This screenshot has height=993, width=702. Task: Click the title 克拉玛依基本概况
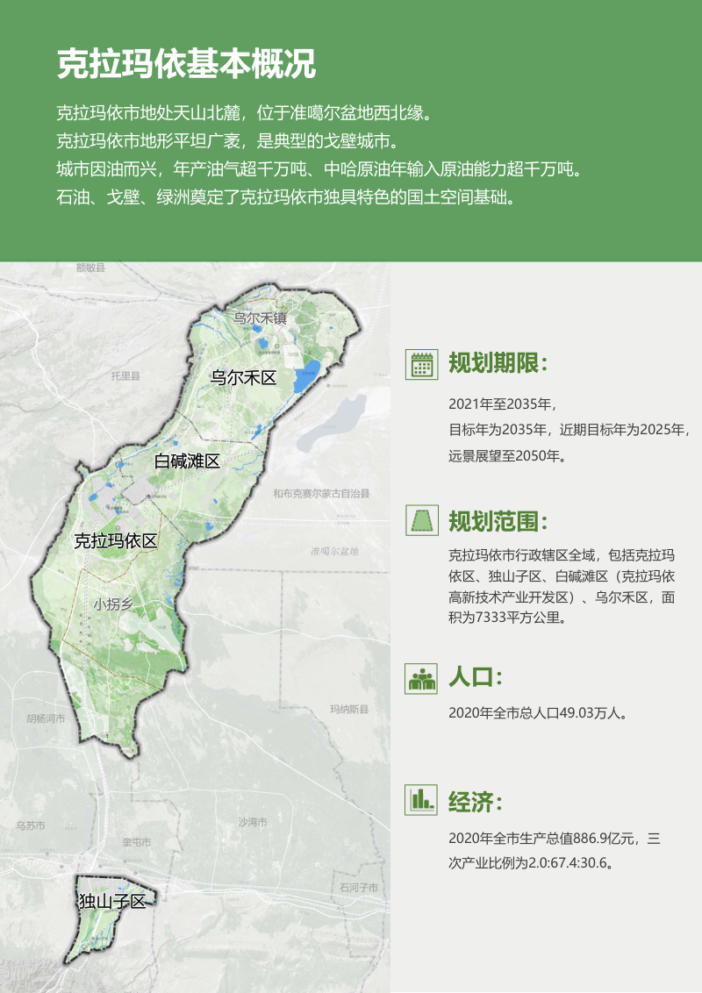coord(186,63)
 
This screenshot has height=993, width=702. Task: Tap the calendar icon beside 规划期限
coord(422,364)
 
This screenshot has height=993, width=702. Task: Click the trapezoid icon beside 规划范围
coord(422,521)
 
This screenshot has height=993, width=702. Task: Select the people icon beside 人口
coord(422,678)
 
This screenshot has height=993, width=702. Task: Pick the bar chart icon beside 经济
coord(422,799)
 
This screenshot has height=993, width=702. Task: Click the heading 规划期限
coord(498,364)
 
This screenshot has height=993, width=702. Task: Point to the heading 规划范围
coord(498,522)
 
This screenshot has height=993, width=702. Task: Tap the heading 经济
coord(475,801)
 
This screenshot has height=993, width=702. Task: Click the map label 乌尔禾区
coord(243,378)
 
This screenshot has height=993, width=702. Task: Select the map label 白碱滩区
coord(186,461)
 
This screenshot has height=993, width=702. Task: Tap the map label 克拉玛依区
coord(115,540)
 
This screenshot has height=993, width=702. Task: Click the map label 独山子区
coord(111,901)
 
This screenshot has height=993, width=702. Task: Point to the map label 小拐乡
coord(113,604)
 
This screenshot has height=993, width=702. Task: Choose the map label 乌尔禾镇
coord(260,318)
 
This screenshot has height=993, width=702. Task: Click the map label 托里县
coord(125,376)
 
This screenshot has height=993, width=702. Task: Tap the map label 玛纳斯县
coord(349,709)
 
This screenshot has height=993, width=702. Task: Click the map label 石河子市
coord(358,889)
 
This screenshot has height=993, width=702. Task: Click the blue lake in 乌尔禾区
coord(304,378)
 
